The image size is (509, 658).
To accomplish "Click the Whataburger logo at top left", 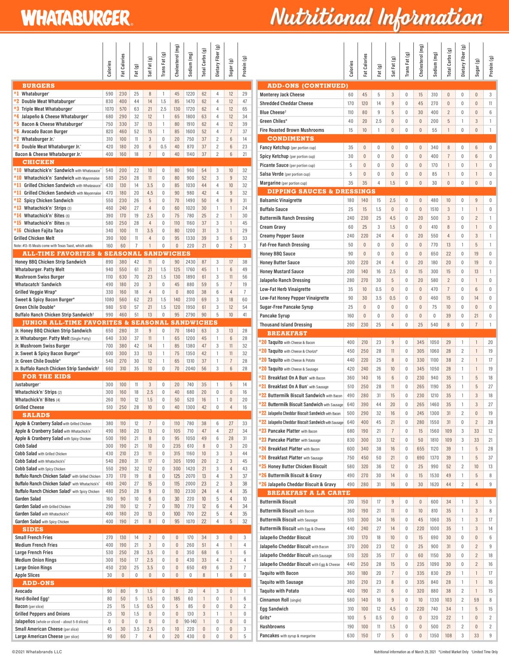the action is (x=76, y=18).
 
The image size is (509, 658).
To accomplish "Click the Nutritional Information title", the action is (x=376, y=18).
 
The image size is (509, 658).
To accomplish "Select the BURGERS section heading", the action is (x=38, y=86).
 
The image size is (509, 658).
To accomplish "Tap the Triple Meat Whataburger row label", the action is (x=47, y=109).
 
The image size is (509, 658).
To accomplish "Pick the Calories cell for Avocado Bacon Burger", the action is (x=109, y=132).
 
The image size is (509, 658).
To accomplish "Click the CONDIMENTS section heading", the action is (x=290, y=138).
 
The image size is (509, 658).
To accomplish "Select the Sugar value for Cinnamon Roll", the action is (x=476, y=600).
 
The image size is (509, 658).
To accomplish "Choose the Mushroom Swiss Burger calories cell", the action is (x=109, y=277).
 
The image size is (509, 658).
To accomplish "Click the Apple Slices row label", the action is (x=27, y=575).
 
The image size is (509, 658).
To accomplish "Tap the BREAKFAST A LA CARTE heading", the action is (x=308, y=493).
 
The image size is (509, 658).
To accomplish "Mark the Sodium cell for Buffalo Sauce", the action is (x=434, y=209).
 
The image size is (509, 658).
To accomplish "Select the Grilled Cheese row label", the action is (x=30, y=407).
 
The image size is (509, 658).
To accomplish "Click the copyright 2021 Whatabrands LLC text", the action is (x=37, y=652).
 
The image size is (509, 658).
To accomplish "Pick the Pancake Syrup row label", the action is (x=274, y=316).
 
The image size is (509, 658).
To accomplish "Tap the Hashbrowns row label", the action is (x=272, y=626).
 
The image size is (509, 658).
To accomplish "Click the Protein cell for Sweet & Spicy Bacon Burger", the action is (x=244, y=299).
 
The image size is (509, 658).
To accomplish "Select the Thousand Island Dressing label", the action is (x=286, y=325).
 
